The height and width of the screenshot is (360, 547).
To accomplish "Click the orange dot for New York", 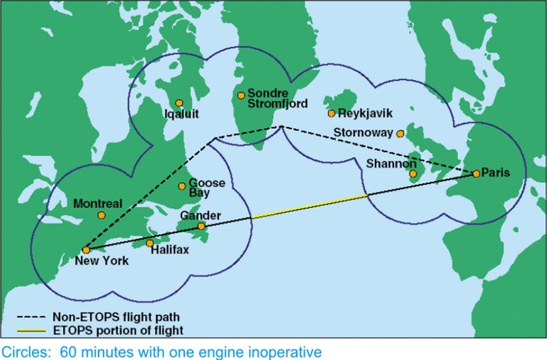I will point(85,250).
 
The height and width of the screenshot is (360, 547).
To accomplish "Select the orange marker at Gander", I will point(201,226).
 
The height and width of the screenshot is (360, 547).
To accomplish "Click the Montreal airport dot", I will point(101,215).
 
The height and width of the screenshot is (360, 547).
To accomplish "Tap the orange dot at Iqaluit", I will point(179,102).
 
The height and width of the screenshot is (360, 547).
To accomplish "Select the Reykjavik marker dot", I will point(331,113).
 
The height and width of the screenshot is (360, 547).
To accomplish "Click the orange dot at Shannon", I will point(413,173).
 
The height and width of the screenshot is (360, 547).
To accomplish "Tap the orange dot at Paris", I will point(476,173).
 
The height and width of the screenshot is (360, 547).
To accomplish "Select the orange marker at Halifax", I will point(150,243).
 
